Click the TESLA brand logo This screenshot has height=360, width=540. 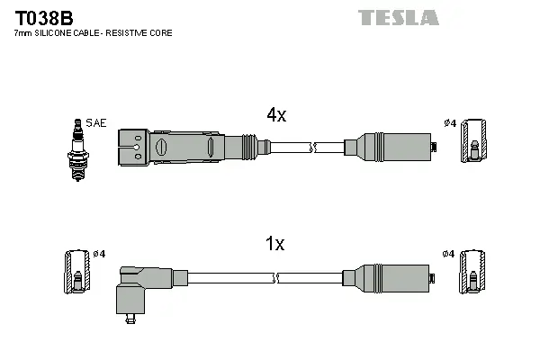coord(398,17)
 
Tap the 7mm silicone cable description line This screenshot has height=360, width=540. coord(93,33)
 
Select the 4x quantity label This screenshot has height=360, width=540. coord(275,114)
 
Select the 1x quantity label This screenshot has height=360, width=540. coord(275,243)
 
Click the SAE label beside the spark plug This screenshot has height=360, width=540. coord(95,122)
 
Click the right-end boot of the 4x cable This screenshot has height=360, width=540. coord(389,147)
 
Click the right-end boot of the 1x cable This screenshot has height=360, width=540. coord(389,276)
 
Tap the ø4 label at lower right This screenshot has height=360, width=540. coord(449,253)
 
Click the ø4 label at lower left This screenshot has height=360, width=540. coord(99,253)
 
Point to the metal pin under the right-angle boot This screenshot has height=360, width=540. coord(131,316)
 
